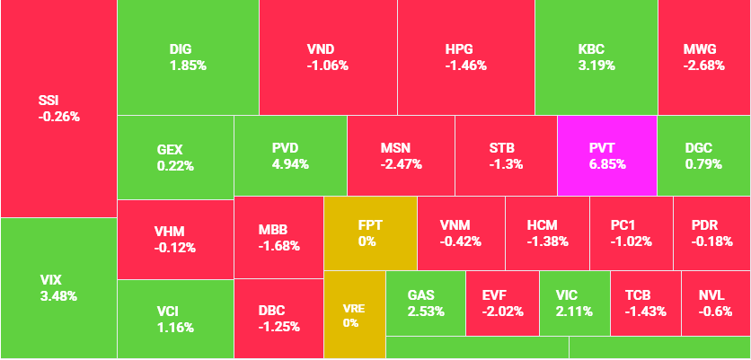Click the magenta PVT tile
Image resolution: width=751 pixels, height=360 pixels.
click(606, 156)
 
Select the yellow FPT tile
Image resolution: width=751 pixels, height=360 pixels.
click(370, 233)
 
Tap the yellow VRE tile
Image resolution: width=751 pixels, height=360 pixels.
click(354, 314)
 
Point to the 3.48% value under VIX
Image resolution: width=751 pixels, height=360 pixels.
click(58, 295)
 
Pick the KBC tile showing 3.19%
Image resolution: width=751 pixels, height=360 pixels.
click(596, 57)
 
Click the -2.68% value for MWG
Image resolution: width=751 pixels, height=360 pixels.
click(703, 65)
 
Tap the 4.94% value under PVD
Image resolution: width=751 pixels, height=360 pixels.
click(289, 164)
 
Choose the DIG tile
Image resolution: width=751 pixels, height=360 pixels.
click(188, 57)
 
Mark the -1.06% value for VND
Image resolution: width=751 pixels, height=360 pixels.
click(327, 65)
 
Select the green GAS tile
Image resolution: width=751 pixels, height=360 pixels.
click(425, 303)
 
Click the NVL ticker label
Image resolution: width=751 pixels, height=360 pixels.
click(715, 295)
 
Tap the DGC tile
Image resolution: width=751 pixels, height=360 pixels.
click(703, 156)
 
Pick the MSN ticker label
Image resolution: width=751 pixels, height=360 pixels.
click(400, 148)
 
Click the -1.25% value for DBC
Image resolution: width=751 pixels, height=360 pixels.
click(278, 326)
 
